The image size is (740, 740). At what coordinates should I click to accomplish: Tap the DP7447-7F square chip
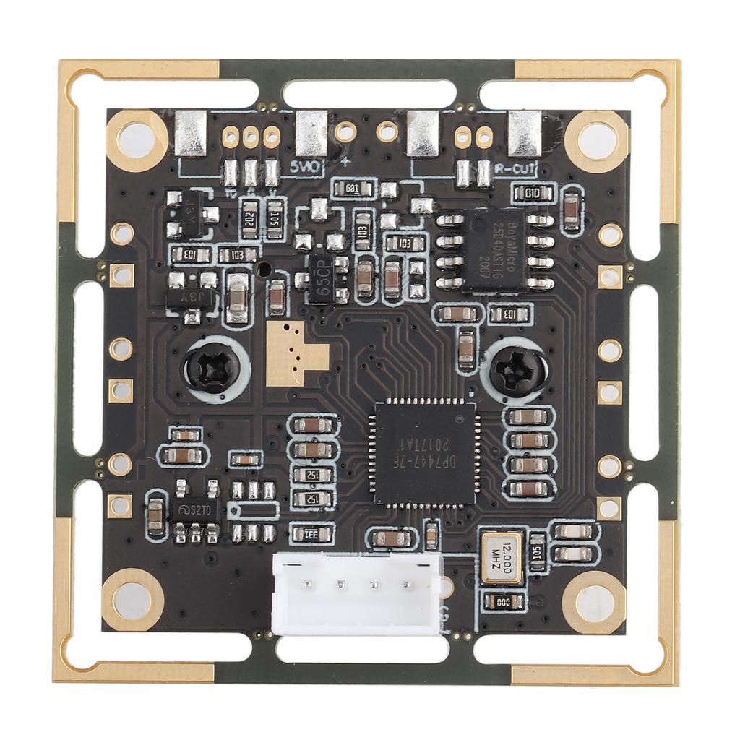tap(425, 452)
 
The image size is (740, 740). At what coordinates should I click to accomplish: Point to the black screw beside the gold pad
tap(214, 366)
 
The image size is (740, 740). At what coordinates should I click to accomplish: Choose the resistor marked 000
tap(498, 601)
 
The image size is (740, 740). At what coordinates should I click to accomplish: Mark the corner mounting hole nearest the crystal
tap(593, 601)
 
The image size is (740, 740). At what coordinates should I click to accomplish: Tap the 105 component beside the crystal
tap(538, 552)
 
